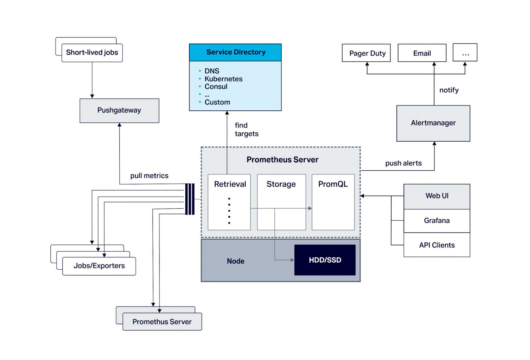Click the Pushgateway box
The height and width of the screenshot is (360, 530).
pyautogui.click(x=119, y=111)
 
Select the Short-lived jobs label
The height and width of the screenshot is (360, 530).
pyautogui.click(x=92, y=53)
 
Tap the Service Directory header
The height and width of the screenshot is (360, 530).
pyautogui.click(x=235, y=52)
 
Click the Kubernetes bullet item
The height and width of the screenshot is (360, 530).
pyautogui.click(x=223, y=79)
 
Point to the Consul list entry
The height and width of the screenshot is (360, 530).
pyautogui.click(x=216, y=87)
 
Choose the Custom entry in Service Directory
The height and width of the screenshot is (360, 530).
pyautogui.click(x=217, y=102)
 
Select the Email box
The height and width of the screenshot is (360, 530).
pyautogui.click(x=422, y=53)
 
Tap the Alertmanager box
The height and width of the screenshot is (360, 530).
pyautogui.click(x=433, y=123)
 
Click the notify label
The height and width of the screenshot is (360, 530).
pyautogui.click(x=449, y=90)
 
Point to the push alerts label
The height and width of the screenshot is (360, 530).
pyautogui.click(x=403, y=163)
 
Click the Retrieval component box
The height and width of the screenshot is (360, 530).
pyautogui.click(x=229, y=202)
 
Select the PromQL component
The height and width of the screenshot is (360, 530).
pyautogui.click(x=333, y=202)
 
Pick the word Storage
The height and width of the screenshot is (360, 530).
pyautogui.click(x=281, y=184)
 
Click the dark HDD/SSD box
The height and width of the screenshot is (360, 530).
pyautogui.click(x=325, y=260)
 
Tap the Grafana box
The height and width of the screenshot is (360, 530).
pyautogui.click(x=436, y=221)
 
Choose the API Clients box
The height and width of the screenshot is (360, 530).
pyautogui.click(x=436, y=245)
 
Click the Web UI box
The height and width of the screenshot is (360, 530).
pyautogui.click(x=436, y=196)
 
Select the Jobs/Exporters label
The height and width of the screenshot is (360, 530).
pyautogui.click(x=99, y=266)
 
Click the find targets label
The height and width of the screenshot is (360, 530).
pyautogui.click(x=246, y=130)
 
